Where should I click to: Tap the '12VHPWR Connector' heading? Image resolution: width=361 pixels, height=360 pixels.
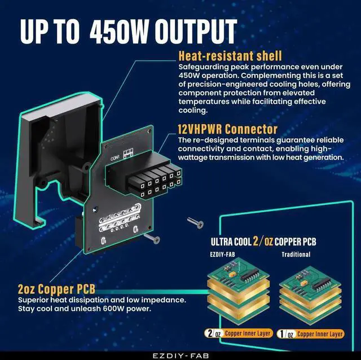coord(222,129)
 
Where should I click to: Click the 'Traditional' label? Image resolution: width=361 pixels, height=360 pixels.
coord(296,254)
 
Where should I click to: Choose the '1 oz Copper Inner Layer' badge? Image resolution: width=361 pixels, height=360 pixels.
coord(312,333)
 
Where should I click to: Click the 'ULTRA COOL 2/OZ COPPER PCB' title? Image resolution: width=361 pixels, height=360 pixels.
coord(263,242)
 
